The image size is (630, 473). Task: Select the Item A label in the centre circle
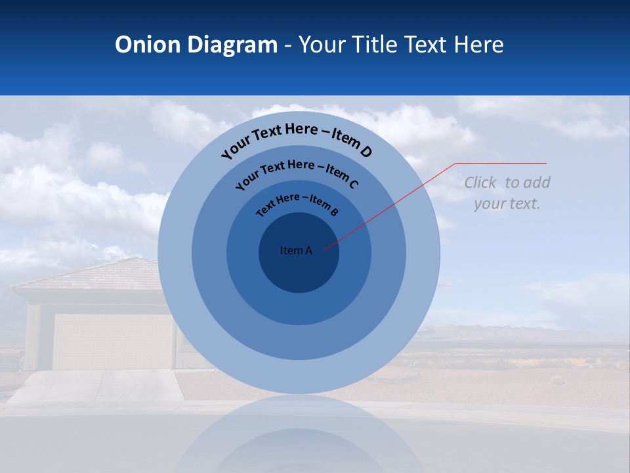[x=296, y=250]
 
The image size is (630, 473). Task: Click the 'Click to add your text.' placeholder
[x=507, y=193]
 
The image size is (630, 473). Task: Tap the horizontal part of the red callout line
[x=501, y=163]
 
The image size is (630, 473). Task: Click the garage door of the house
[x=112, y=341]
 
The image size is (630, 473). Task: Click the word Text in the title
[x=424, y=45]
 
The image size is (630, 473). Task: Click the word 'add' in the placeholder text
[x=537, y=183]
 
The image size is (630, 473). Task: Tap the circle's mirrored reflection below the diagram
[x=299, y=434]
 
